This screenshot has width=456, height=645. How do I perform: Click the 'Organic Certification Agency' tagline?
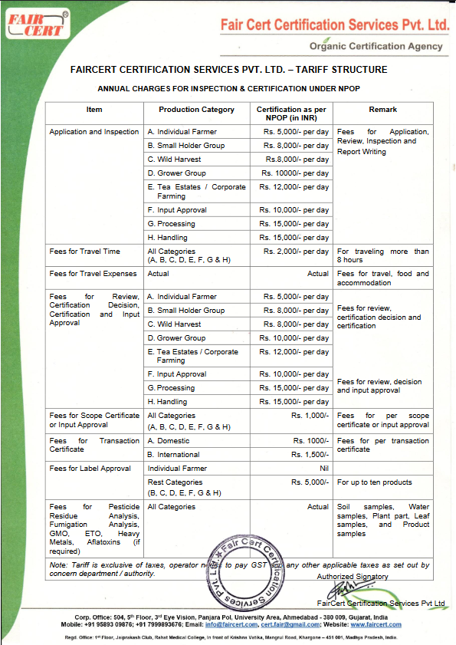(x=376, y=46)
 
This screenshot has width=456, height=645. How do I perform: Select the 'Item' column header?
(x=94, y=110)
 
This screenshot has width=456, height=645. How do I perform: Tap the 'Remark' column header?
(x=382, y=110)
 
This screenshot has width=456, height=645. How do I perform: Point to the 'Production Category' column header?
(x=196, y=110)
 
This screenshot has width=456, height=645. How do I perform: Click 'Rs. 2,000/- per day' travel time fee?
(x=296, y=252)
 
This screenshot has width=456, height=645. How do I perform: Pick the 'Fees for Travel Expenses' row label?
(x=93, y=274)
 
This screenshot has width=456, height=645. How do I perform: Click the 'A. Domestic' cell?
(x=169, y=441)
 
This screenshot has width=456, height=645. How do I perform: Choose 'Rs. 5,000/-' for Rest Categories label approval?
(x=310, y=482)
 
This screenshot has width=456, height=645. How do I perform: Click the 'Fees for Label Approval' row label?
(x=90, y=469)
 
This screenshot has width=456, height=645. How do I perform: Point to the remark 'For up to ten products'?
(x=374, y=482)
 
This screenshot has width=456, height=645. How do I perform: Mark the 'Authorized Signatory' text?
(x=353, y=577)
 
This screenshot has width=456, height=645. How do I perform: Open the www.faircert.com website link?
(x=376, y=624)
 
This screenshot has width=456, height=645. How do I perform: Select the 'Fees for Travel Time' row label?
(x=84, y=252)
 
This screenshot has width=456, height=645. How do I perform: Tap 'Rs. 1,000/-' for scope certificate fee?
(x=310, y=416)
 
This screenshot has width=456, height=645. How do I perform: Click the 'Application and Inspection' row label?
(x=93, y=132)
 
